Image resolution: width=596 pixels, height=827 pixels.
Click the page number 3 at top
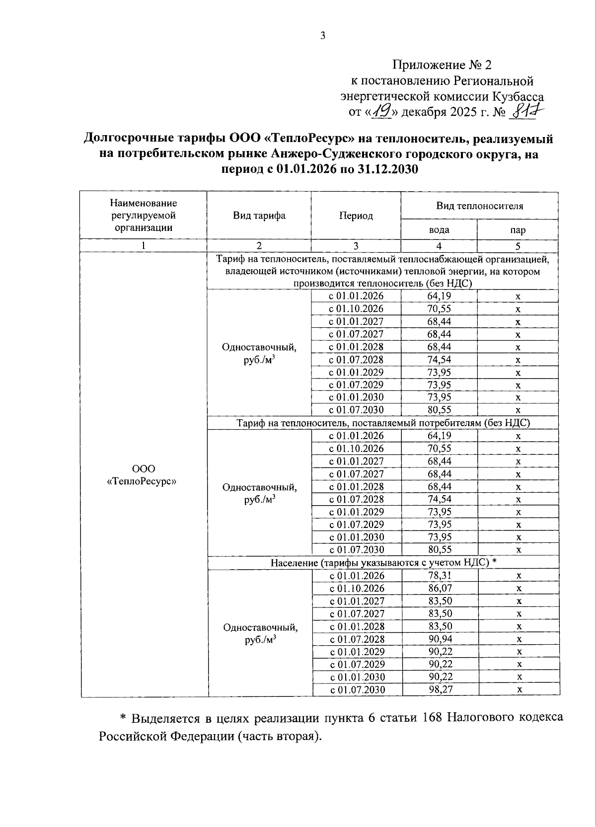point(323,36)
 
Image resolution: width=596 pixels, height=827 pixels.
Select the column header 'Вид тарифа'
point(259,216)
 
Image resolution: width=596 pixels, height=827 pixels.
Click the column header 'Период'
point(356,216)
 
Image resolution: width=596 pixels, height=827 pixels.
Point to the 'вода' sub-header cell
point(439,230)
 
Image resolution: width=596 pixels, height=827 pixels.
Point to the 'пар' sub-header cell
point(518,230)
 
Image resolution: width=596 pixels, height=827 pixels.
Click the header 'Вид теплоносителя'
point(479,206)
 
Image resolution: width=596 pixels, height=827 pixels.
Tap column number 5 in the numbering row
point(518,246)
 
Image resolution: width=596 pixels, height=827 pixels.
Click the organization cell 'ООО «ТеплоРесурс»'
point(144,475)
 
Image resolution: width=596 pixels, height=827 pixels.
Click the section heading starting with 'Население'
point(383,562)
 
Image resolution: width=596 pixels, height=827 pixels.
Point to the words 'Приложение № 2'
point(442,65)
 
